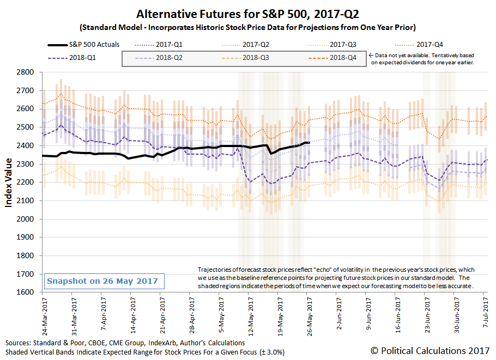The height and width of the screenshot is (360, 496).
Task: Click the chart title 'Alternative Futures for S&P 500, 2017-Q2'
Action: (248, 13)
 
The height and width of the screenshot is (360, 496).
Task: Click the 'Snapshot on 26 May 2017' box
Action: (102, 281)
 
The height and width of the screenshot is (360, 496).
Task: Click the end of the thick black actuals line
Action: (309, 143)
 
